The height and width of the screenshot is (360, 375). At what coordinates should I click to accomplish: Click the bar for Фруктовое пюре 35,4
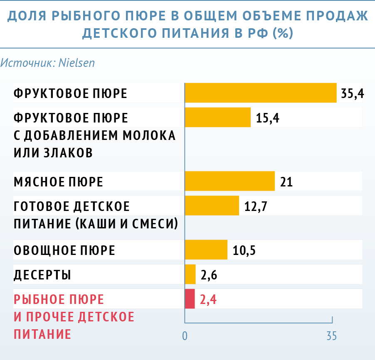pos(260,93)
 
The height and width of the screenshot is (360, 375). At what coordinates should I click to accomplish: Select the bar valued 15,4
pos(217,118)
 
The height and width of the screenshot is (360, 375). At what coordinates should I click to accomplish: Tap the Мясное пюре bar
pos(229,181)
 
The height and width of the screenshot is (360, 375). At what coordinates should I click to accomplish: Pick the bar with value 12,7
pos(212,206)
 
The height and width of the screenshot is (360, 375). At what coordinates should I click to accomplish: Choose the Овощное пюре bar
pos(206,250)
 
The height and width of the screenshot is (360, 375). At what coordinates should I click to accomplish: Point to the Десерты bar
pos(190,274)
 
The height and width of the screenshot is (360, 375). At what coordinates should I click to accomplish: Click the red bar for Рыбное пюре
pos(190,299)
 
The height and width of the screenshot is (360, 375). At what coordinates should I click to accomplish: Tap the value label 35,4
pos(353,93)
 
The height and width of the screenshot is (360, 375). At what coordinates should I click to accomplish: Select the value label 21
pos(286,182)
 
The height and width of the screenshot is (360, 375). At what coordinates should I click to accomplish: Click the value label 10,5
pos(244,250)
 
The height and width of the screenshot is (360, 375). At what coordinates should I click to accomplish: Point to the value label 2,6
pos(209,275)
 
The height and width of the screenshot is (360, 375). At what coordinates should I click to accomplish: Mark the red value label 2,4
pos(209,299)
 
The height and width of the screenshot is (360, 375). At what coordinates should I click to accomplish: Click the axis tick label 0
pos(185,336)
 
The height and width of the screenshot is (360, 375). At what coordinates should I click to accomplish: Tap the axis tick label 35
pos(331,336)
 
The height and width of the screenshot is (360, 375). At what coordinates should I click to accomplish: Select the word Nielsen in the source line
pos(77,63)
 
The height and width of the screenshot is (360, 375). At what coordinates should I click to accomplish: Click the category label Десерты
pos(42,275)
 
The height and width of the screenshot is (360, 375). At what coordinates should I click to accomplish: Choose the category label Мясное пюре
pos(58,182)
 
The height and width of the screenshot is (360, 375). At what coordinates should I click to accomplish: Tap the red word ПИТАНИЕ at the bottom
pos(42,334)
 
